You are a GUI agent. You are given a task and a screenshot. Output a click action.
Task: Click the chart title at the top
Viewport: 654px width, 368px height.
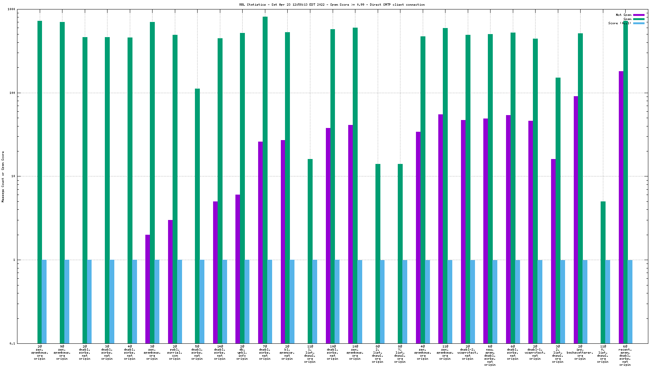coord(332,5)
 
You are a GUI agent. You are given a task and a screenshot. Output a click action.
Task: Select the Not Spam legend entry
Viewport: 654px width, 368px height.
coord(623,15)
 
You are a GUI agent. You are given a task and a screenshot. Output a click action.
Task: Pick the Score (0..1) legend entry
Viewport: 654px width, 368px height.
coord(620,23)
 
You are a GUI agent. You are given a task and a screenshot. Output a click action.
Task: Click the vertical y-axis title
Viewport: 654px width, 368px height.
coord(3,176)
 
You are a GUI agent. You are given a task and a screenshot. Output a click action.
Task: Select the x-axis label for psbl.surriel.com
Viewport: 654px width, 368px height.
coord(174,352)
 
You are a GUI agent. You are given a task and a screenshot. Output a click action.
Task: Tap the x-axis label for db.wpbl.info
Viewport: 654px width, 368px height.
coord(242,352)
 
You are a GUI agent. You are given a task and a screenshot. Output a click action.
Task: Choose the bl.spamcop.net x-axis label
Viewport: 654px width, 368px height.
coord(287,352)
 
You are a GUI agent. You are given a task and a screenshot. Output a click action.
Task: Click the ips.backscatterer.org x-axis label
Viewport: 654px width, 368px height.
coord(580,352)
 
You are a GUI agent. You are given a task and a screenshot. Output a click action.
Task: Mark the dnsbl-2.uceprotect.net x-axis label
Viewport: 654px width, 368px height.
coord(468,352)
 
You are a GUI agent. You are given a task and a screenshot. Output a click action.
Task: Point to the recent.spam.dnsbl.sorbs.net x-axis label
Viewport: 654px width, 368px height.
coord(625,356)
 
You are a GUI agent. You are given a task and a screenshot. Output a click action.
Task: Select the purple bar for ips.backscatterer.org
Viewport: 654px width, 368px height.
coord(576,220)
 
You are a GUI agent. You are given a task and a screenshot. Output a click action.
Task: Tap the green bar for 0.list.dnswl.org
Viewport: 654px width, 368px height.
coord(603,272)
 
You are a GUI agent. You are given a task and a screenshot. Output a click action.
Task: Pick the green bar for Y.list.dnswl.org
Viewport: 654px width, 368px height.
coord(400,254)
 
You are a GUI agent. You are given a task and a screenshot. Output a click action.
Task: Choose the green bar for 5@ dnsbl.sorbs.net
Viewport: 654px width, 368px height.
coord(197,216)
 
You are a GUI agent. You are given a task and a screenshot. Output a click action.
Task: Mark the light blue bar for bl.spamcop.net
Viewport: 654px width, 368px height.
coord(292,301)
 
